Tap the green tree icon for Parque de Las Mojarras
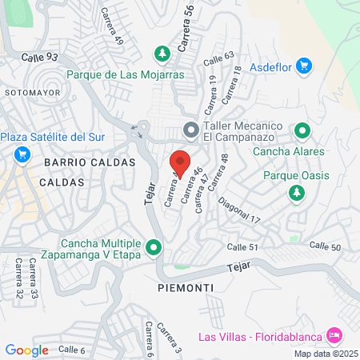click(162, 53)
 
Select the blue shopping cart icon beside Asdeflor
click(302, 64)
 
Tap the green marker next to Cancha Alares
click(302, 130)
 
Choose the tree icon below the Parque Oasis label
click(297, 193)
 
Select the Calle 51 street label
click(242, 247)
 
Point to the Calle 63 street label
click(218, 59)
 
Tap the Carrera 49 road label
click(112, 26)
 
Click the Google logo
click(26, 350)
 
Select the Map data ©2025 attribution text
click(324, 354)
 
